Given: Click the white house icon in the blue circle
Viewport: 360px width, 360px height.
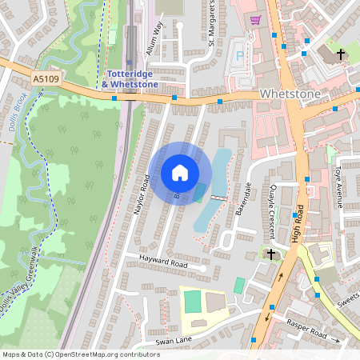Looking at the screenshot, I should click(180, 173).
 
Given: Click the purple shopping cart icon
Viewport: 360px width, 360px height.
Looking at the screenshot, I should click(255, 21).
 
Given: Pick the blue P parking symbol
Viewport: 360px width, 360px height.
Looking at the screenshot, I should click(238, 57).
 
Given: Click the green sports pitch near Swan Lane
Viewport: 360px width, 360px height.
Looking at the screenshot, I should click(192, 302).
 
